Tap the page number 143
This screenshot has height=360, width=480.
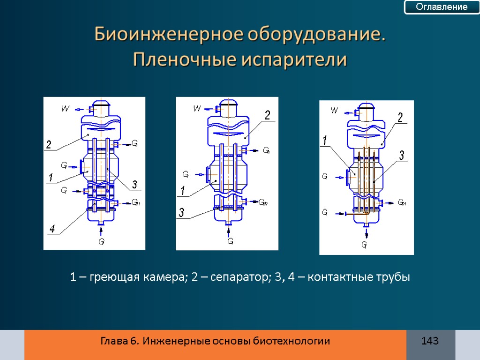(430, 341)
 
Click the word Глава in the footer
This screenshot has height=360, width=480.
(114, 341)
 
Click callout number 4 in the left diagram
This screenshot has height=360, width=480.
(52, 229)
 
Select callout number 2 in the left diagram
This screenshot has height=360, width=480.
(48, 145)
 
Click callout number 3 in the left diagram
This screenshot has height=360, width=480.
(134, 185)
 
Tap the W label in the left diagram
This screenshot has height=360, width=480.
(66, 109)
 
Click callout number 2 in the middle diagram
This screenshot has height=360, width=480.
(267, 116)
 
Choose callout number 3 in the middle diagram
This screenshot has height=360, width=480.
(181, 214)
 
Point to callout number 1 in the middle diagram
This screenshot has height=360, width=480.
(183, 192)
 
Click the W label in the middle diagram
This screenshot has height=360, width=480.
(197, 109)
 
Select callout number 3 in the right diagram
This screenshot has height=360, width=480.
(401, 156)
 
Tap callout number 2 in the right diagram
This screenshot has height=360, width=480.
(400, 118)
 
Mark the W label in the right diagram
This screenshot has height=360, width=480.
(334, 111)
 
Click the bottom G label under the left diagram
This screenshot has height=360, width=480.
(101, 242)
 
